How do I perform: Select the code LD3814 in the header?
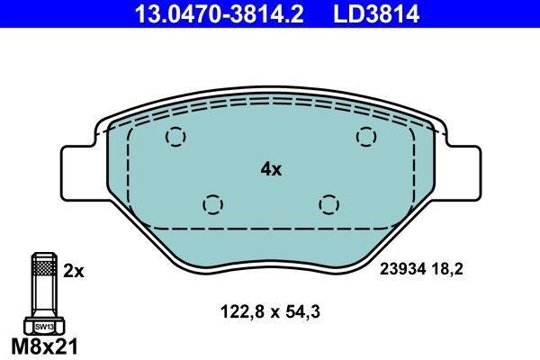coord(379,13)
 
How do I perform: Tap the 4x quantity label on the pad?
coord(271,168)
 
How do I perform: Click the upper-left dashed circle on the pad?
coord(175,137)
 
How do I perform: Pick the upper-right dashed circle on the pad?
coord(364,137)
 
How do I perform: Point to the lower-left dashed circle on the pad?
coord(212,204)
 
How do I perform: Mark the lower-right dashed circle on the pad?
coord(329,204)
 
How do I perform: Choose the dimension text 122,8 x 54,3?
coord(271,312)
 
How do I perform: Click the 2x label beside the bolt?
coord(74,269)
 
